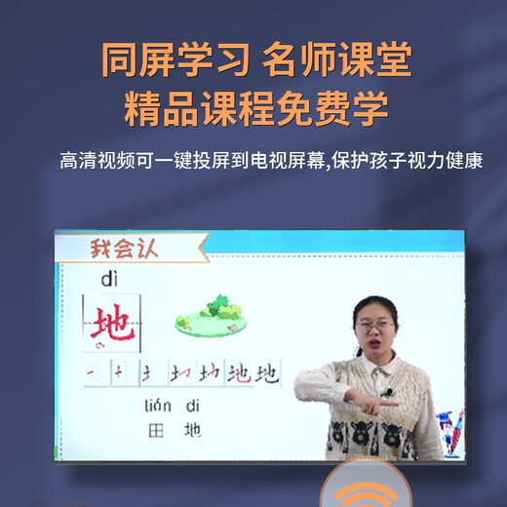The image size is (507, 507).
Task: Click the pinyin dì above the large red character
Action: pos(108,281)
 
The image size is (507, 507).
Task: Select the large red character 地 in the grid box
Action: pos(113,326)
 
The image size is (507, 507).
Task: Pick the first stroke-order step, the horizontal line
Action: pos(92,373)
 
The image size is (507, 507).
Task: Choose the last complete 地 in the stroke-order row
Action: pos(264,373)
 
